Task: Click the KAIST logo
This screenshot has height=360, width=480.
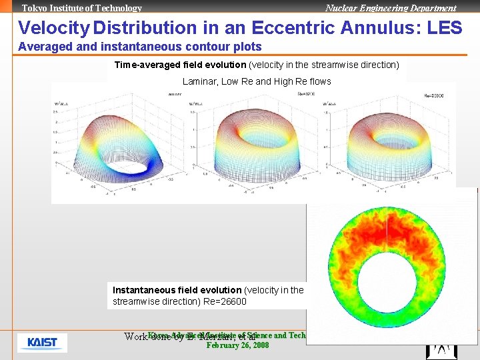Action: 42,343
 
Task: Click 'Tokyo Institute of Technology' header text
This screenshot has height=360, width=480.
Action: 82,8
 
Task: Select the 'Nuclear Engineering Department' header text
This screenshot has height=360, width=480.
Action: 391,8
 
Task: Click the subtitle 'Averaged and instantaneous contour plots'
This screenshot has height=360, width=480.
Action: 140,47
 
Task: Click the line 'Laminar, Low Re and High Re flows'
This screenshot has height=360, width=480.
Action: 257,81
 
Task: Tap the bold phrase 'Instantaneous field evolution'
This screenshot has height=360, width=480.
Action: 177,290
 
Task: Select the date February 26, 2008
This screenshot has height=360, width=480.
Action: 237,345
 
